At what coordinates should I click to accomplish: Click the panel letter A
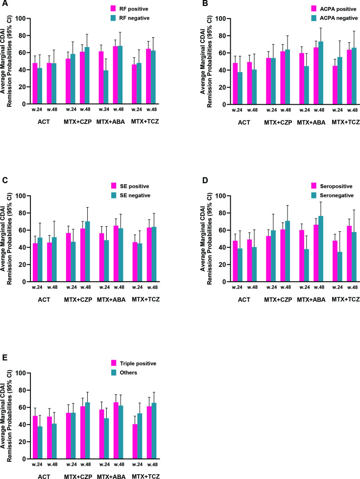pyautogui.click(x=4, y=3)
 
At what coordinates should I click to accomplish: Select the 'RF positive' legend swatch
pyautogui.click(x=113, y=8)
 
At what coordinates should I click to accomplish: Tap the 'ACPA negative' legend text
pyautogui.click(x=338, y=18)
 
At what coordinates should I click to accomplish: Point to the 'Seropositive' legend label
pyautogui.click(x=336, y=186)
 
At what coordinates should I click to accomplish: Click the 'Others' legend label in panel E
pyautogui.click(x=128, y=373)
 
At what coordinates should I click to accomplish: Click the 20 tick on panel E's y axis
pyautogui.click(x=23, y=442)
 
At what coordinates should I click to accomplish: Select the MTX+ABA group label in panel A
pyautogui.click(x=111, y=121)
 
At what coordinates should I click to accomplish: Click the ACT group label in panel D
pyautogui.click(x=244, y=300)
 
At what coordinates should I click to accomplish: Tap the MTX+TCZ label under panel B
pyautogui.click(x=346, y=122)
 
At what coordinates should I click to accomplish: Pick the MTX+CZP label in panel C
pyautogui.click(x=78, y=300)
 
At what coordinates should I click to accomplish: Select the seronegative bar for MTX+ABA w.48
pyautogui.click(x=321, y=249)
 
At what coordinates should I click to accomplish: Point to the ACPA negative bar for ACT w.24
pyautogui.click(x=240, y=88)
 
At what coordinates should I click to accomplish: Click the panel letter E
pyautogui.click(x=4, y=358)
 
